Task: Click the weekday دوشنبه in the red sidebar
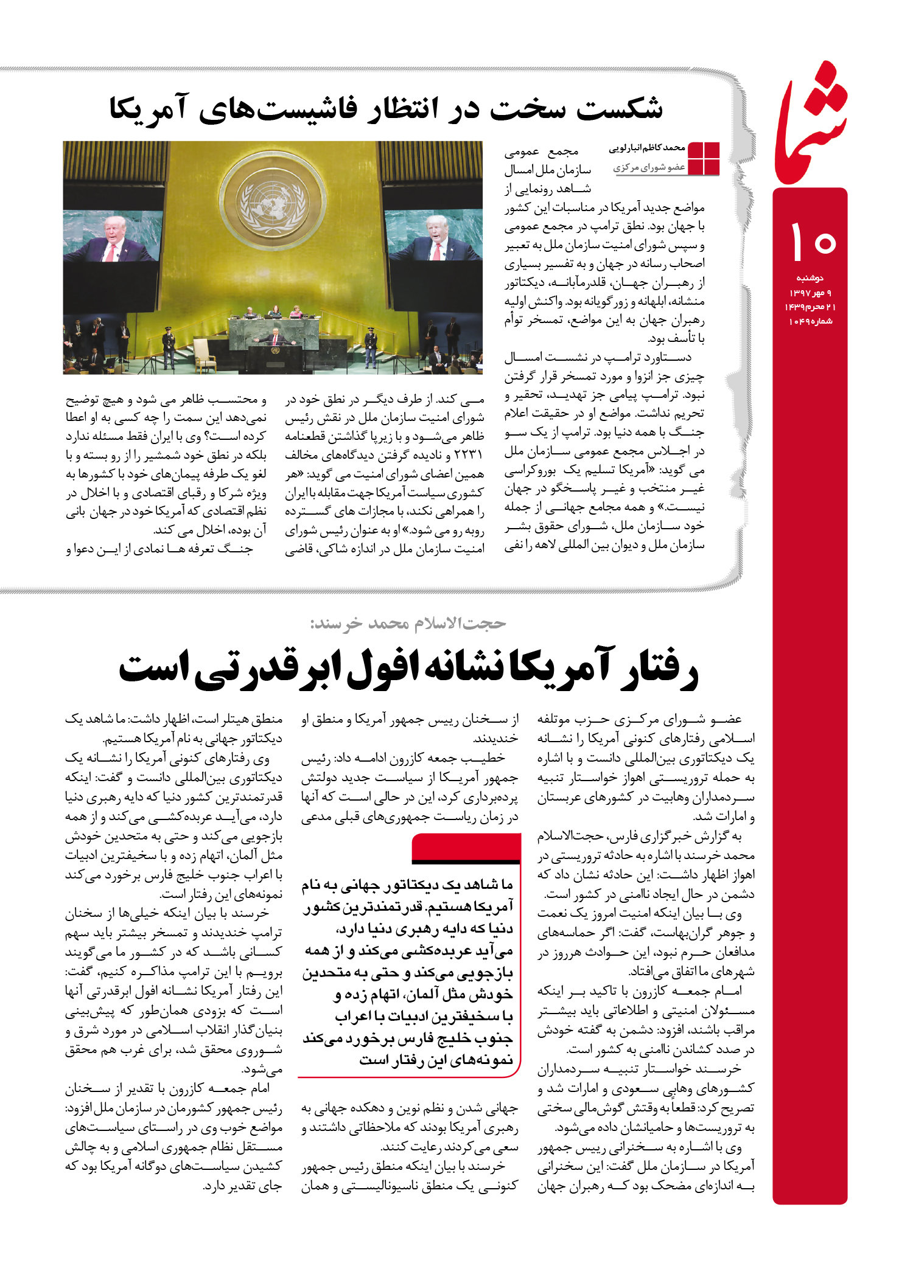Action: [810, 278]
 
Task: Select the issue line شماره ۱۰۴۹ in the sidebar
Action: [810, 321]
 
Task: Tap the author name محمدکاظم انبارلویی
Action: [647, 148]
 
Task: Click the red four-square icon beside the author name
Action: [703, 159]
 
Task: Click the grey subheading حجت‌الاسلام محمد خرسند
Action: [408, 624]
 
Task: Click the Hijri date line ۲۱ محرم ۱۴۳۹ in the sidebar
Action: [810, 307]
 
